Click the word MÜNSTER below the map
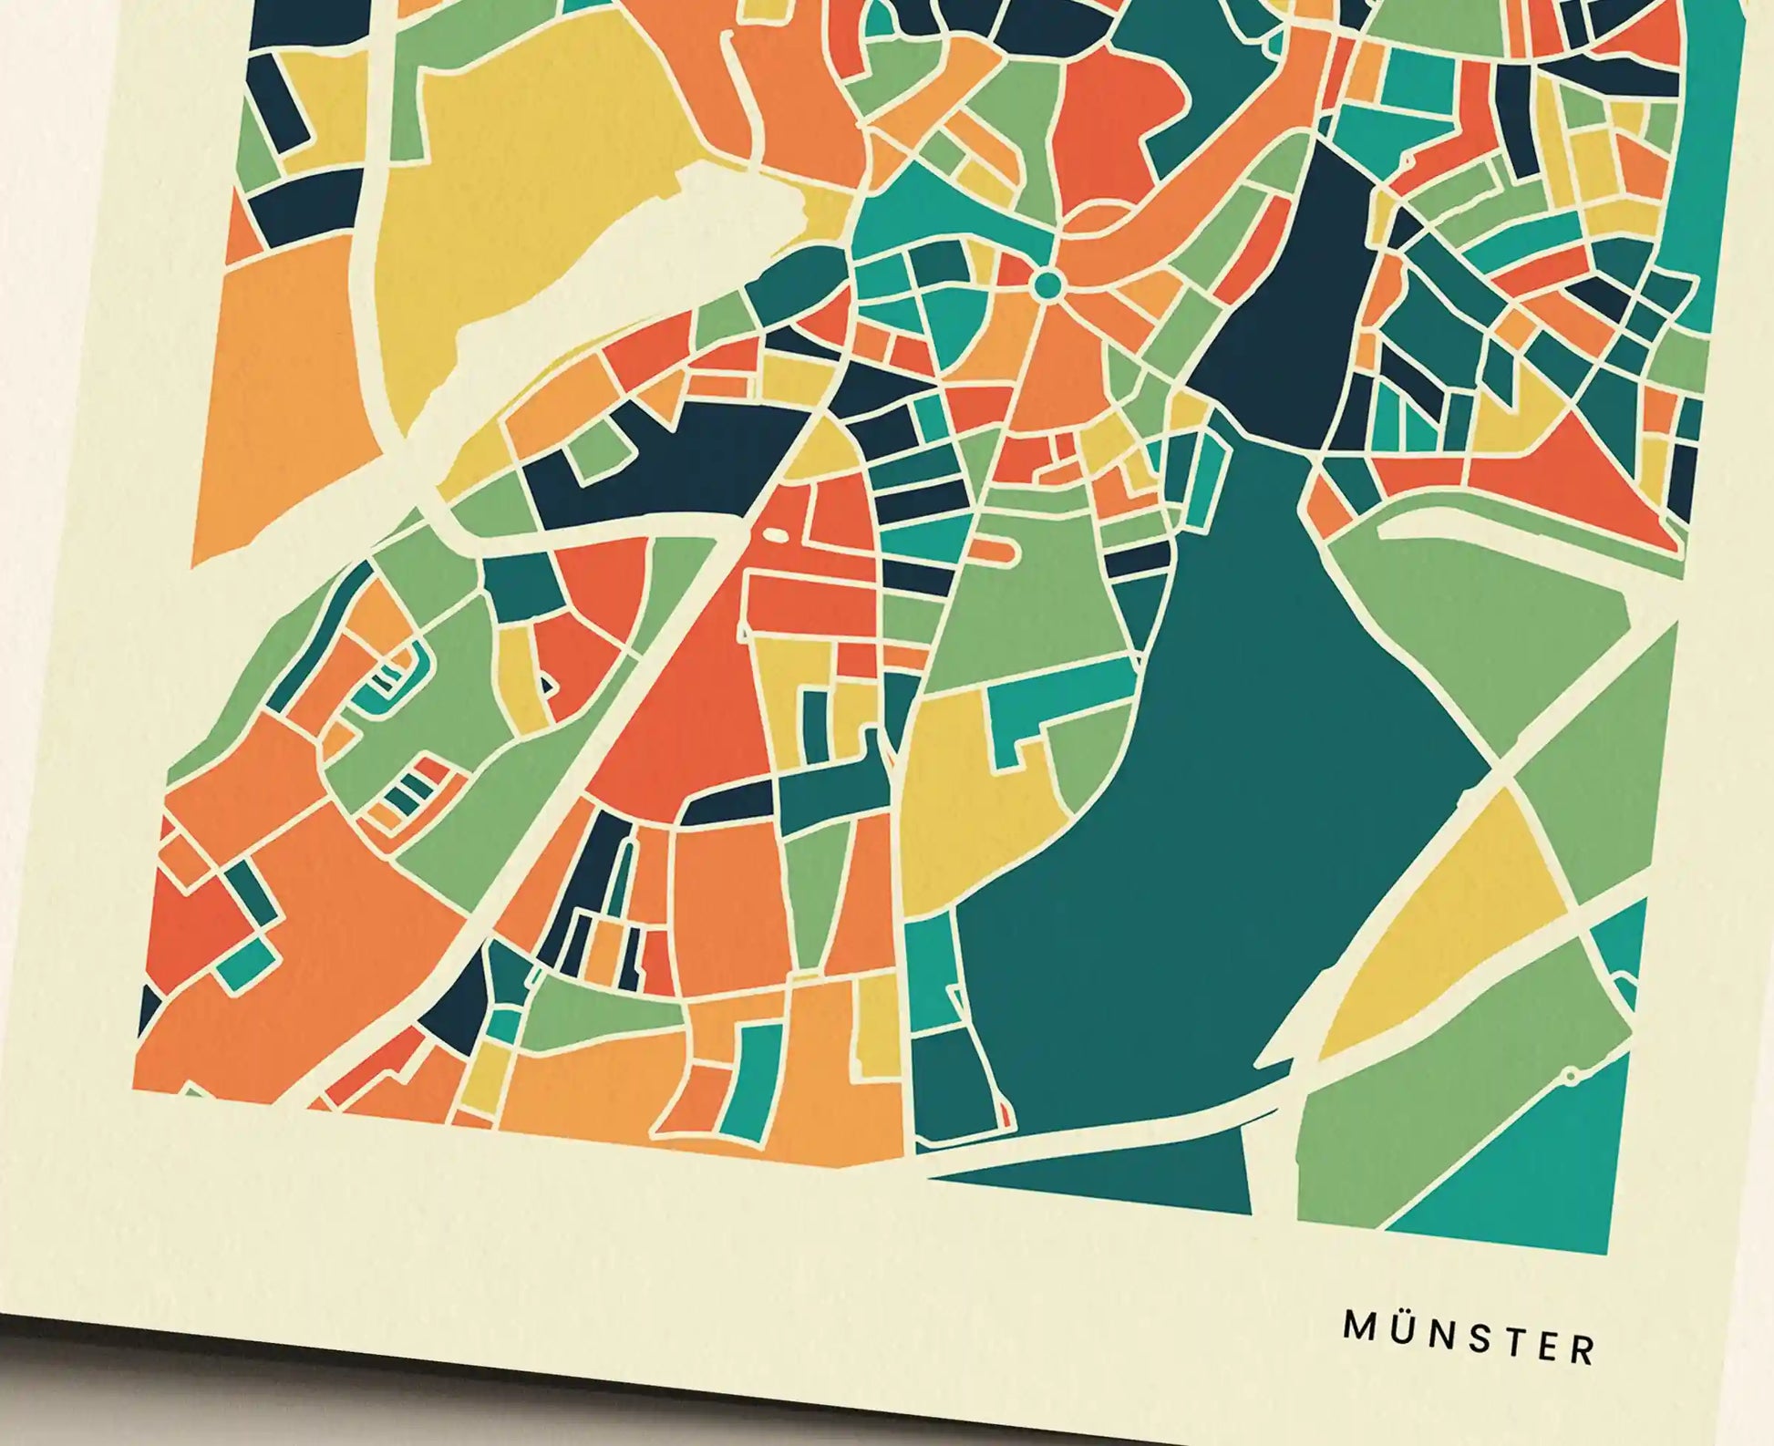pyautogui.click(x=1470, y=1348)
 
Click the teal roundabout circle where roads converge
pyautogui.click(x=1047, y=285)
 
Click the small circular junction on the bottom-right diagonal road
pyautogui.click(x=1571, y=1077)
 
